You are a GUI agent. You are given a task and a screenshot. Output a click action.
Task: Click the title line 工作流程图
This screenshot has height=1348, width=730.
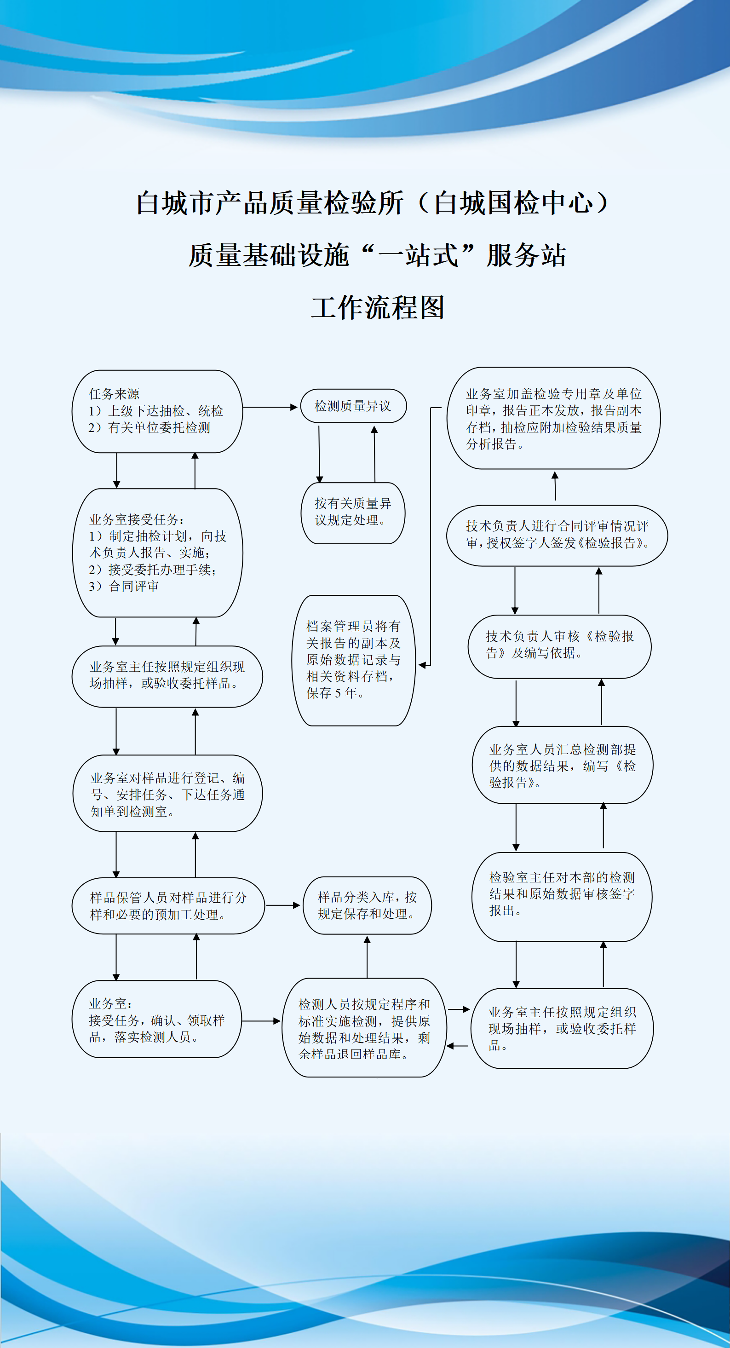[377, 307]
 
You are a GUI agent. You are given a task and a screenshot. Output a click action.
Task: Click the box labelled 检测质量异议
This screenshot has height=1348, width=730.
[353, 406]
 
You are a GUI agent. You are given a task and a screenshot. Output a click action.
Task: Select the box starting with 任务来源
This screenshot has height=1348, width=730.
[157, 411]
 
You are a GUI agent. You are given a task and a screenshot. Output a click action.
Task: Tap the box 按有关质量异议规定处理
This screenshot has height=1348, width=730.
[353, 513]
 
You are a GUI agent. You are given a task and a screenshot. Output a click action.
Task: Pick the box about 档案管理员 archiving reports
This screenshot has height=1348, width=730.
[353, 660]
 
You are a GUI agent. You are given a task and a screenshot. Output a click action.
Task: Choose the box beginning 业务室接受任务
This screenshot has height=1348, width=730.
[157, 553]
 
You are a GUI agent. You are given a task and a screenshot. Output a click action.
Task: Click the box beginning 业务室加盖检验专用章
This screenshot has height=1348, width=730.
[554, 418]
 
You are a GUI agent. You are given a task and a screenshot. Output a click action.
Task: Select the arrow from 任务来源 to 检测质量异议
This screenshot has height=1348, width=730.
[270, 407]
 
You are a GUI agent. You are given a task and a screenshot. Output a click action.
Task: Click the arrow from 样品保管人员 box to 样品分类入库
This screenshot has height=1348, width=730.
[283, 905]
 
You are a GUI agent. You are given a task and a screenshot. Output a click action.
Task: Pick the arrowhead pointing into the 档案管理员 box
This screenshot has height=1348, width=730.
[423, 665]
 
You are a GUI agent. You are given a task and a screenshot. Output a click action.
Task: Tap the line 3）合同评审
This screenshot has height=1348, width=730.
[124, 587]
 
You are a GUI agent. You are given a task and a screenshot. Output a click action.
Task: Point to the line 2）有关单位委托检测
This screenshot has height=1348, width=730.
[149, 428]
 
